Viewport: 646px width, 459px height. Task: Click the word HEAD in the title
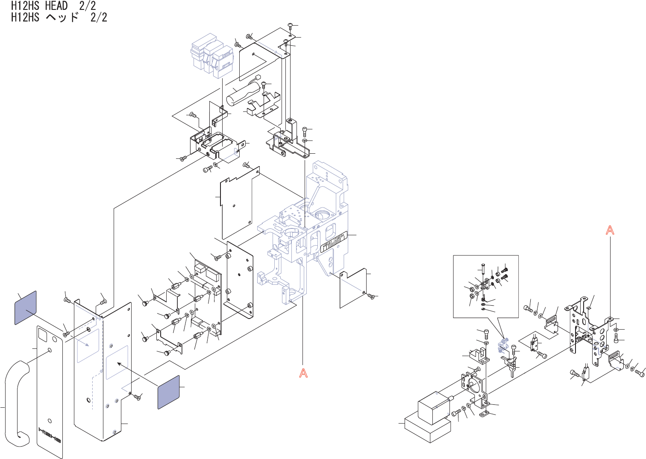point(56,6)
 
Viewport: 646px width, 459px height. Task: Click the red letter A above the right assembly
point(610,230)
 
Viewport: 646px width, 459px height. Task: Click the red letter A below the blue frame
point(303,373)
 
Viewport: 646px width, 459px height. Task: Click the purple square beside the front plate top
point(26,307)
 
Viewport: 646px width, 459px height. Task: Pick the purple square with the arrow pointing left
point(168,392)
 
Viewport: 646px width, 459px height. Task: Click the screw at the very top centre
point(290,25)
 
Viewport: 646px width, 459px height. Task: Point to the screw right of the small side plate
point(370,296)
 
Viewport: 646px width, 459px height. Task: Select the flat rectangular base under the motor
point(427,429)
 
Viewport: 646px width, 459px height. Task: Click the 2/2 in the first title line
point(88,6)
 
